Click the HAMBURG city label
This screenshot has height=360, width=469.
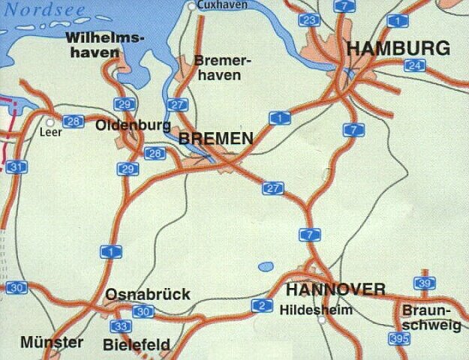[x=398, y=49]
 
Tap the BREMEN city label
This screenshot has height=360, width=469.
[x=216, y=139]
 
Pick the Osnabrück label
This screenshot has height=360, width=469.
[x=148, y=294]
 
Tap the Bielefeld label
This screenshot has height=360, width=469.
[x=137, y=345]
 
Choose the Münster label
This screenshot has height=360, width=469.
[x=52, y=342]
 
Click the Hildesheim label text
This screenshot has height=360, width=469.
[x=315, y=309]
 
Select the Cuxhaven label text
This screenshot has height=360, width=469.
[x=221, y=5]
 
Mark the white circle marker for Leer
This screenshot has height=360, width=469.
[x=50, y=121]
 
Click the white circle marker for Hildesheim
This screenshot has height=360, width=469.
[x=322, y=319]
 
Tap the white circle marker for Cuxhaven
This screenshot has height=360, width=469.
[x=192, y=7]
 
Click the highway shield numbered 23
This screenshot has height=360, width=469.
[x=308, y=20]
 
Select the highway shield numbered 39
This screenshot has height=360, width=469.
[x=424, y=283]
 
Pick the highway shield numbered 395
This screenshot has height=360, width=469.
[x=399, y=338]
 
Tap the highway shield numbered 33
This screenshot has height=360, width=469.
[x=119, y=326]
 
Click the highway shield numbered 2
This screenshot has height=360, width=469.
[x=261, y=304]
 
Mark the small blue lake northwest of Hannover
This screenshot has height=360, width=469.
[x=266, y=266]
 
